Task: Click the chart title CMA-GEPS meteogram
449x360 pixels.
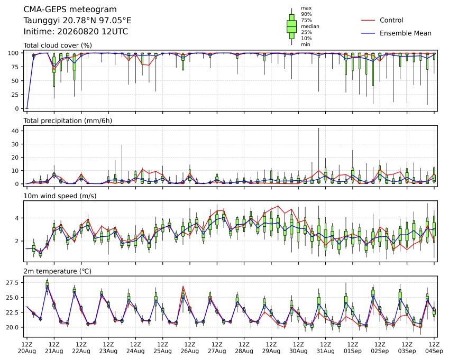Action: tap(70, 10)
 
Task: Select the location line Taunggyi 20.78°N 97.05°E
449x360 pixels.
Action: tap(77, 21)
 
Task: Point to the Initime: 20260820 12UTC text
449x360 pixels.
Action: tap(76, 32)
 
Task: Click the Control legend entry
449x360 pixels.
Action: tap(391, 20)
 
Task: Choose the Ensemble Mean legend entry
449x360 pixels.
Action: tap(406, 33)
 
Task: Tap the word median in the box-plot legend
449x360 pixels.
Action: tap(310, 26)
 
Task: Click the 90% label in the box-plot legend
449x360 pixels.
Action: tap(306, 14)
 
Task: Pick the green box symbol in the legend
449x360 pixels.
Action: tap(292, 26)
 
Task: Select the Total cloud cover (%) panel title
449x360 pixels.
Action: tap(58, 45)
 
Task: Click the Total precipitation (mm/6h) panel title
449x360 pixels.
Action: tap(68, 121)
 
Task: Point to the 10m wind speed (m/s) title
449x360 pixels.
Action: tap(60, 196)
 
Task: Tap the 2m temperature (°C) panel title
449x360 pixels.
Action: tap(57, 271)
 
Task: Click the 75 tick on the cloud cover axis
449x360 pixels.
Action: tap(15, 67)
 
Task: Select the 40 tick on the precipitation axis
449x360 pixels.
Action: tap(15, 131)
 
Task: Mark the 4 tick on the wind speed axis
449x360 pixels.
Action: tap(17, 218)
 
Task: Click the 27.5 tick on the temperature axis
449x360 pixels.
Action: tap(12, 283)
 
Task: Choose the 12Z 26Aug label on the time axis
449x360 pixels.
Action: tap(189, 348)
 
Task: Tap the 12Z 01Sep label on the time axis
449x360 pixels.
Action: tap(353, 348)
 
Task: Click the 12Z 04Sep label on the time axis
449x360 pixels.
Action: tap(434, 348)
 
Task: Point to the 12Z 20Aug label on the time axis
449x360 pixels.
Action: tap(27, 348)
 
